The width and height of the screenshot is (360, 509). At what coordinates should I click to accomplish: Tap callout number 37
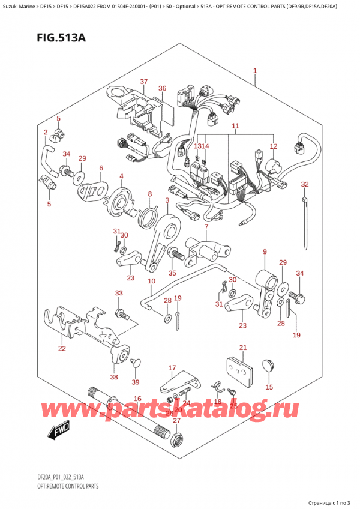coord(143,82)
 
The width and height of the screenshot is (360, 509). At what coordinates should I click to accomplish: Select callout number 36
coord(162,89)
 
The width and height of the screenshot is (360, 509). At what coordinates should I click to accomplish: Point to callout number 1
coord(255,71)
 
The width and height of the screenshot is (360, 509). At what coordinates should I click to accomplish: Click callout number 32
coord(305,184)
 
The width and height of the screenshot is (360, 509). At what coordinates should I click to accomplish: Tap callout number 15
coord(269,387)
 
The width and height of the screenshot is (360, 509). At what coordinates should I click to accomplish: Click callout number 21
coord(242,348)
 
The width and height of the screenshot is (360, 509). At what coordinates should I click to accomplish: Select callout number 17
coord(172,368)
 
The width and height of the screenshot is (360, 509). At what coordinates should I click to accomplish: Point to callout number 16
coord(137,399)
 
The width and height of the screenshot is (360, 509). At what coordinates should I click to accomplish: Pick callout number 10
coord(151,281)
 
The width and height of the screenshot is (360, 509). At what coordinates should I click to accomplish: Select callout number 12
coord(274,146)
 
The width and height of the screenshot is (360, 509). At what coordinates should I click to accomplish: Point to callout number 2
coord(46,131)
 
